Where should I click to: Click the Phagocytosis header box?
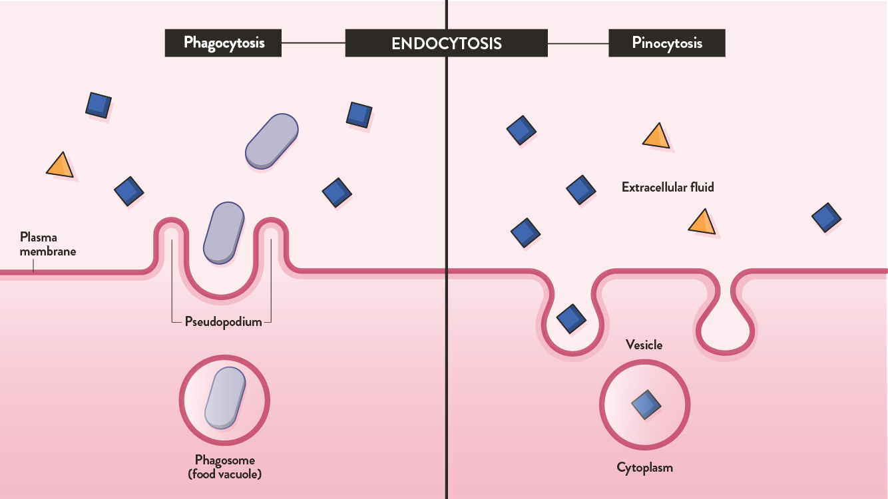[224, 43]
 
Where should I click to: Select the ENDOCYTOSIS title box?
[446, 44]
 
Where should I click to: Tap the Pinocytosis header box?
[666, 43]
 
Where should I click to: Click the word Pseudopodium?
[223, 323]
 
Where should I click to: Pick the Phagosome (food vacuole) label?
[224, 467]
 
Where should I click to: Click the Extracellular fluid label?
[668, 188]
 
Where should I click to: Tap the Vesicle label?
[644, 345]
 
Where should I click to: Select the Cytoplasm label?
[644, 468]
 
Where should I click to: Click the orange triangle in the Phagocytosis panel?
[60, 166]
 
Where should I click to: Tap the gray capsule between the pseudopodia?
[223, 232]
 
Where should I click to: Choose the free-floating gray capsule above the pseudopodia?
[272, 141]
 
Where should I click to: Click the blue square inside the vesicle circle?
[646, 404]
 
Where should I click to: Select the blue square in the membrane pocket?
[570, 318]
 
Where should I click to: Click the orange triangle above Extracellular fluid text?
[656, 136]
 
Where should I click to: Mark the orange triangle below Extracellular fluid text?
[702, 223]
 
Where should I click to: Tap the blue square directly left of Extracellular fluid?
[580, 190]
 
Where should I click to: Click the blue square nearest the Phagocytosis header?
[359, 114]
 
